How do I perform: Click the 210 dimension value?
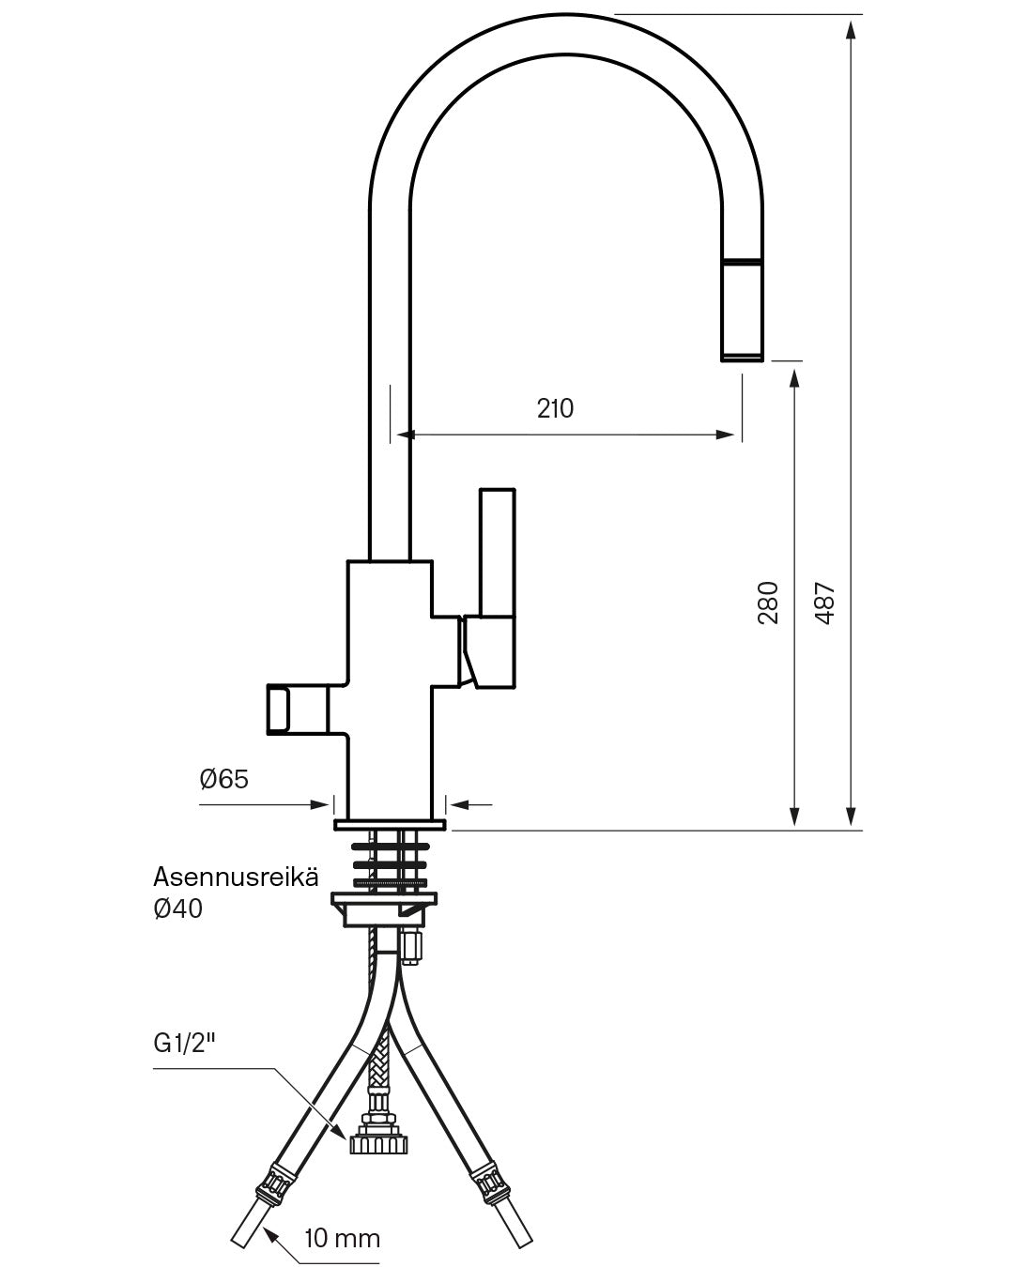(x=555, y=408)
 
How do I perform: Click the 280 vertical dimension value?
(x=768, y=602)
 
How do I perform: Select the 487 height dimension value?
(x=824, y=602)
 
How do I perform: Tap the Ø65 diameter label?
(x=223, y=779)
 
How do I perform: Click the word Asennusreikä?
(x=236, y=878)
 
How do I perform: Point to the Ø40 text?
(x=177, y=908)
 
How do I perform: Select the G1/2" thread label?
(x=185, y=1045)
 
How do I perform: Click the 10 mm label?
(x=342, y=1239)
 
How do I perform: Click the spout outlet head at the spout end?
(x=742, y=310)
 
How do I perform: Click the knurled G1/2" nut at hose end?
(x=377, y=1145)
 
